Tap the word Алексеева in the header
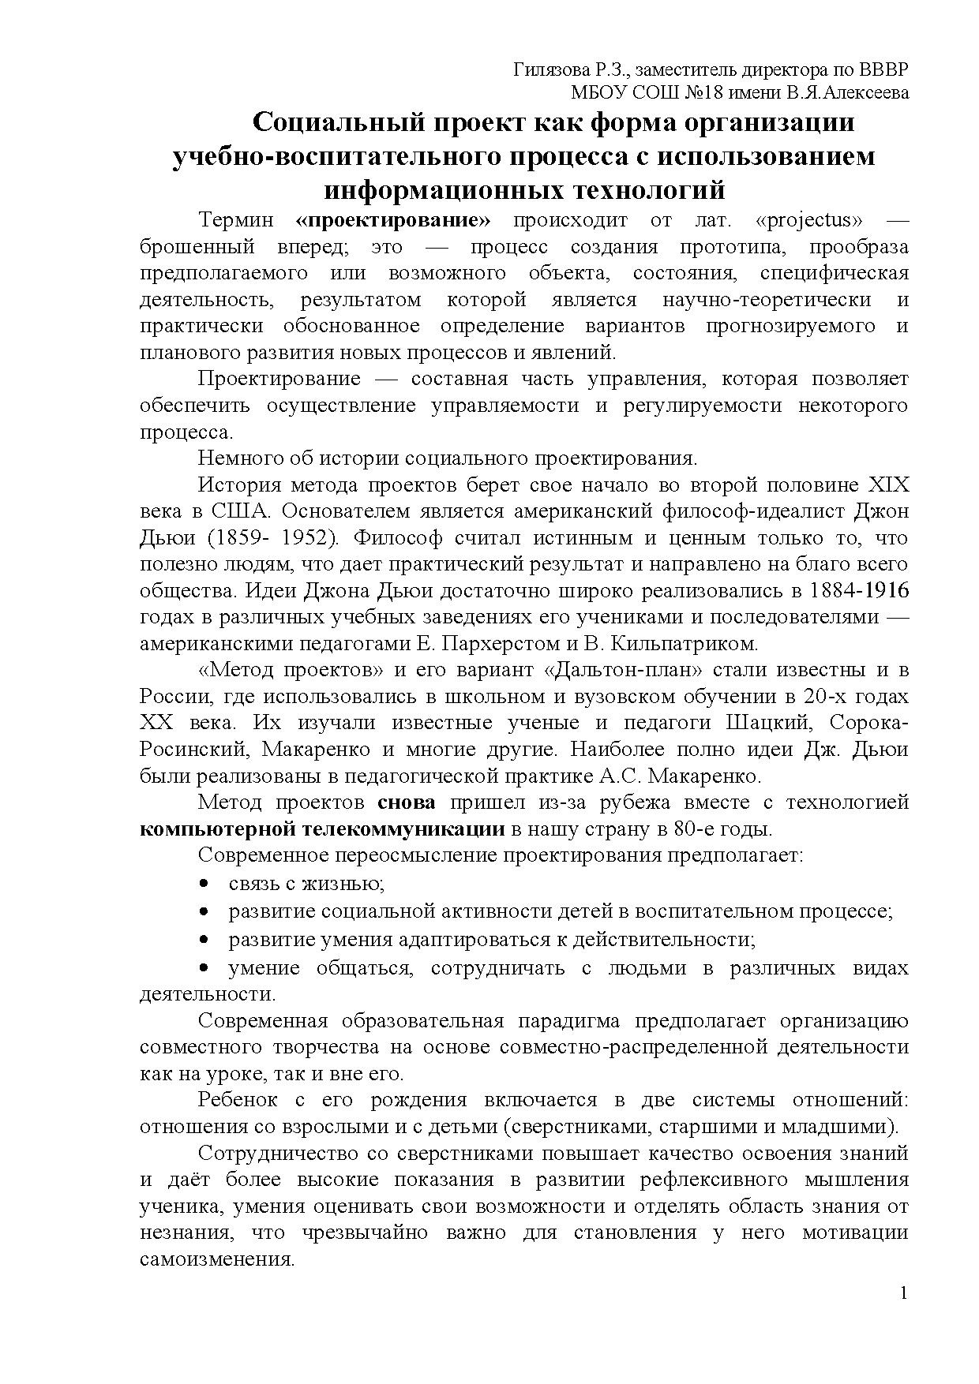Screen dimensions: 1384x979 click(x=864, y=92)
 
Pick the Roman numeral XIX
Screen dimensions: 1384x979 click(x=888, y=484)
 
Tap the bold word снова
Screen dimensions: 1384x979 click(x=407, y=802)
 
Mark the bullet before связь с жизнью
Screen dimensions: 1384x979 click(x=204, y=884)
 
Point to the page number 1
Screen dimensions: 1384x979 click(x=904, y=1292)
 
